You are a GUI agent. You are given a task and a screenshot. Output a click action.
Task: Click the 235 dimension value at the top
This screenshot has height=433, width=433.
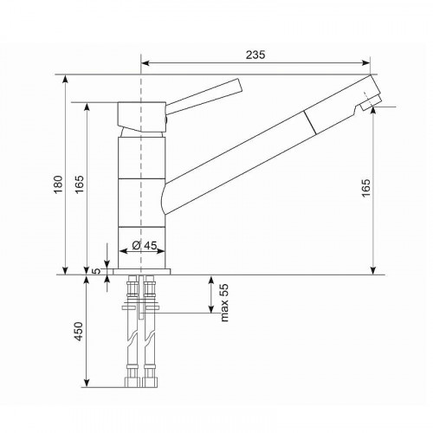pos(254,55)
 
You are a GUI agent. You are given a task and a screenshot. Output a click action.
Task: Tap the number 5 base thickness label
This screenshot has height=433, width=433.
pos(97,271)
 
